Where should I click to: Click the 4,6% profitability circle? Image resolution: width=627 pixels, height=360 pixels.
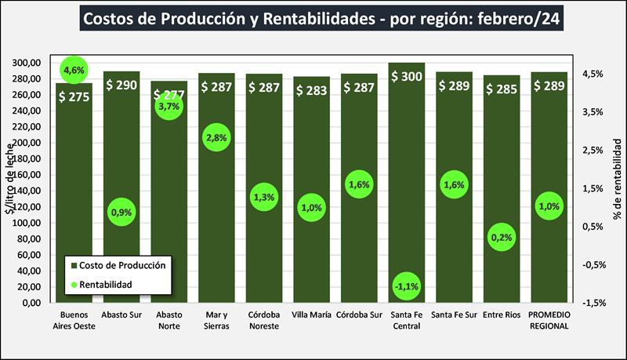74,71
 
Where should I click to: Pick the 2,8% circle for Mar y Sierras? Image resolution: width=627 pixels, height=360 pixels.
216,138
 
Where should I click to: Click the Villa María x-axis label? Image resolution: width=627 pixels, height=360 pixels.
311,316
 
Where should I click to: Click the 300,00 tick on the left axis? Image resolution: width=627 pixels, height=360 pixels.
27,63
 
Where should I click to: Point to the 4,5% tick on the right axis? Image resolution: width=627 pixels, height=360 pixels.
593,74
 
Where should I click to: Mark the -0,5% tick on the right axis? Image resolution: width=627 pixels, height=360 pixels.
592,264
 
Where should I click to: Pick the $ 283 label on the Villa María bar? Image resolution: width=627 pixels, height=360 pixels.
311,88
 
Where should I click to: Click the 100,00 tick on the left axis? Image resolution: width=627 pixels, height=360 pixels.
27,223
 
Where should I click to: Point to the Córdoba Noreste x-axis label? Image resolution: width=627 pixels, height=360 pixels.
264,321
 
